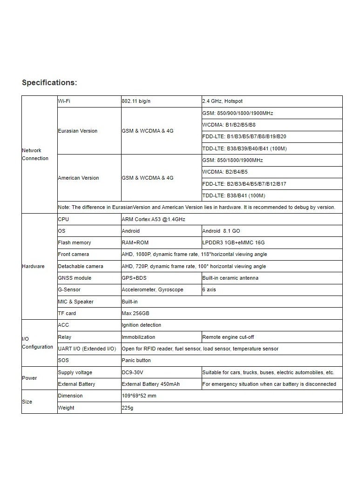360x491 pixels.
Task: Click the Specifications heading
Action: [49, 83]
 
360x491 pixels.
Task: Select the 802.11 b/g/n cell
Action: [136, 101]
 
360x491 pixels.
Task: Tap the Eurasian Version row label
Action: [78, 131]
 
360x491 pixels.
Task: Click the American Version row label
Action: [78, 178]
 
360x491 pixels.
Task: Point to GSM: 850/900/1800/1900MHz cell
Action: [238, 113]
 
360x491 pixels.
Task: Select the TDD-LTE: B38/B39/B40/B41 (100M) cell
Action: [245, 148]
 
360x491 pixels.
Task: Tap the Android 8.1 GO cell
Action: [221, 231]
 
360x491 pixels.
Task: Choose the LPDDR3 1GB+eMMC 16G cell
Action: [234, 242]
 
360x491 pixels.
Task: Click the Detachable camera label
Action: [81, 266]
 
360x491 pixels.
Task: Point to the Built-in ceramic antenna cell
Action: [230, 278]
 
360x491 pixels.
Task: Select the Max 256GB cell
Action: [136, 313]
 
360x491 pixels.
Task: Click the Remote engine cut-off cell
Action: [228, 337]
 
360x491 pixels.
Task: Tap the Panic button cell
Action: [136, 360]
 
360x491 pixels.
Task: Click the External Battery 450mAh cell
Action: [150, 384]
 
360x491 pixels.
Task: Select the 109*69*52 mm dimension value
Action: [139, 396]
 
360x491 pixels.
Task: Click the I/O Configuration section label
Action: [37, 343]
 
